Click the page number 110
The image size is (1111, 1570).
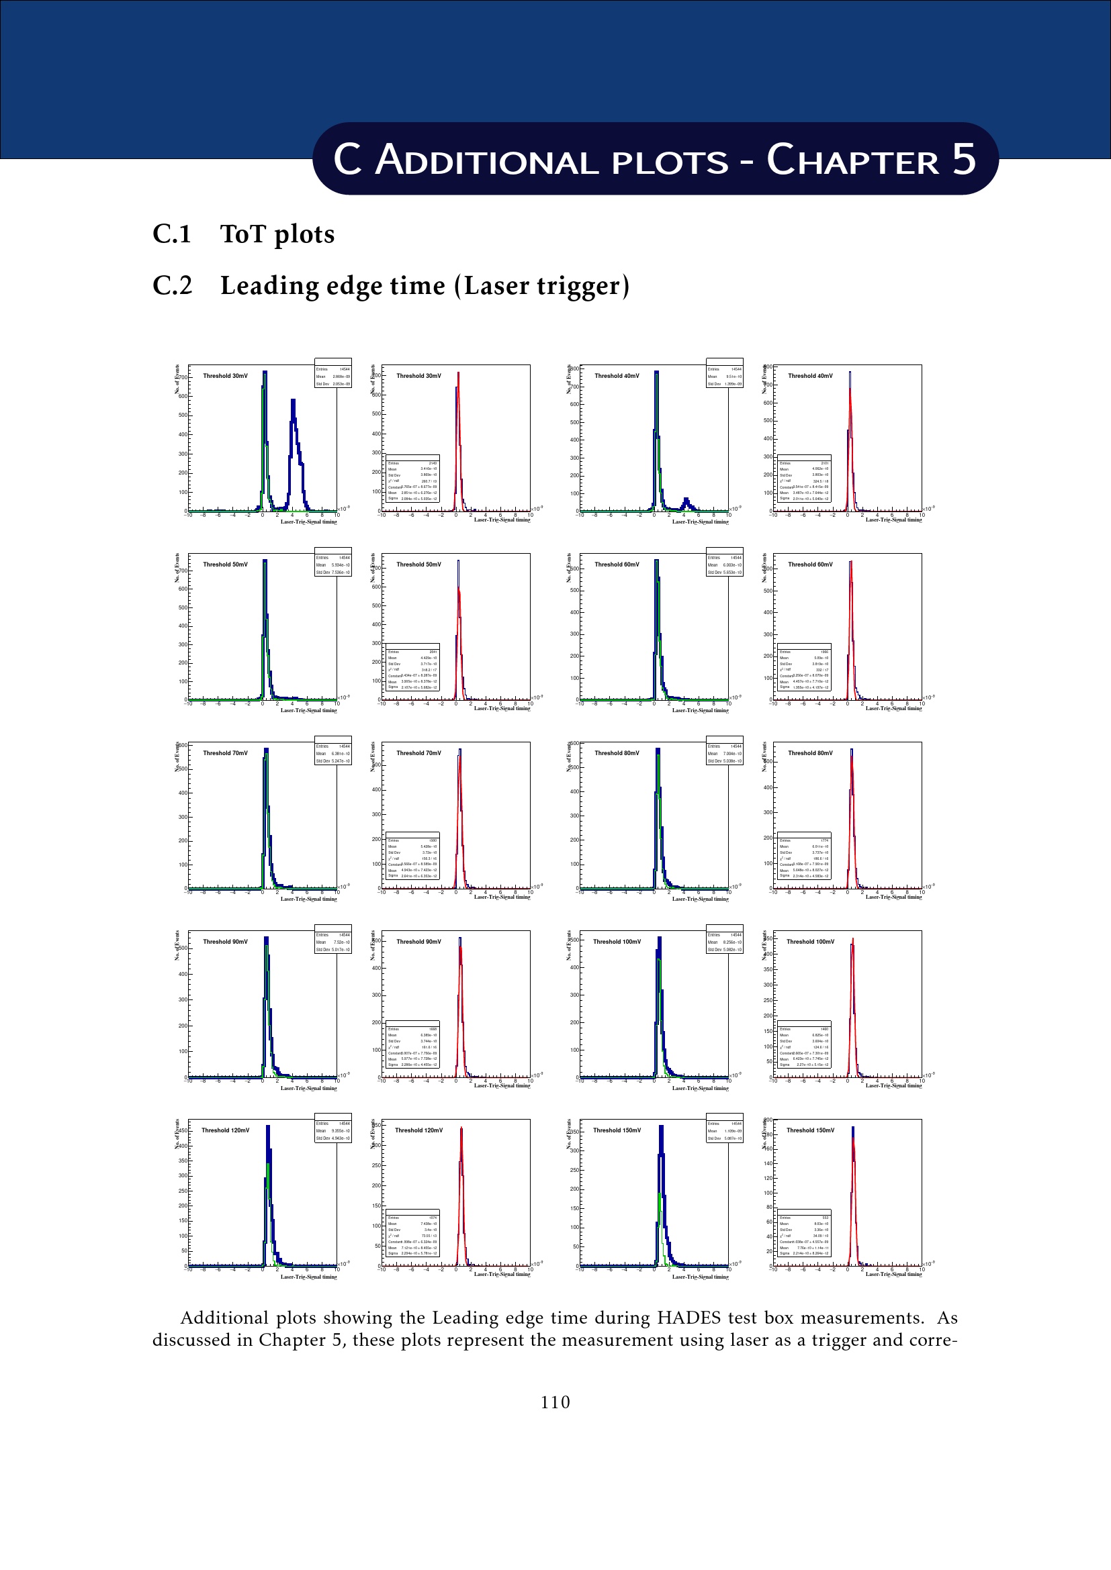coord(555,1402)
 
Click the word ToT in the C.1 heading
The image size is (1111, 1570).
coord(243,234)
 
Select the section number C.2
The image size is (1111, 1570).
coord(173,285)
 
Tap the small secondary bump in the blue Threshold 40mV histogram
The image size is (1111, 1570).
coord(686,503)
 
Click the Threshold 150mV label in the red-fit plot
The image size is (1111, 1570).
coord(810,1130)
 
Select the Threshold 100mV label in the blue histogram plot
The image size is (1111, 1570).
coord(617,942)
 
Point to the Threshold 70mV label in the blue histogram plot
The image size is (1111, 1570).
coord(225,753)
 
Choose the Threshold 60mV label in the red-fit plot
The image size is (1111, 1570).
coord(810,564)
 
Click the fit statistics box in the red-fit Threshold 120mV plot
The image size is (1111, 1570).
coord(412,1233)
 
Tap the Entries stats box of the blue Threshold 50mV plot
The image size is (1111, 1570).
coord(333,561)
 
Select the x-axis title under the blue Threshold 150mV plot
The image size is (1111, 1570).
coord(700,1277)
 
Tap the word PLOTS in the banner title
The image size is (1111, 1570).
coord(670,162)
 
